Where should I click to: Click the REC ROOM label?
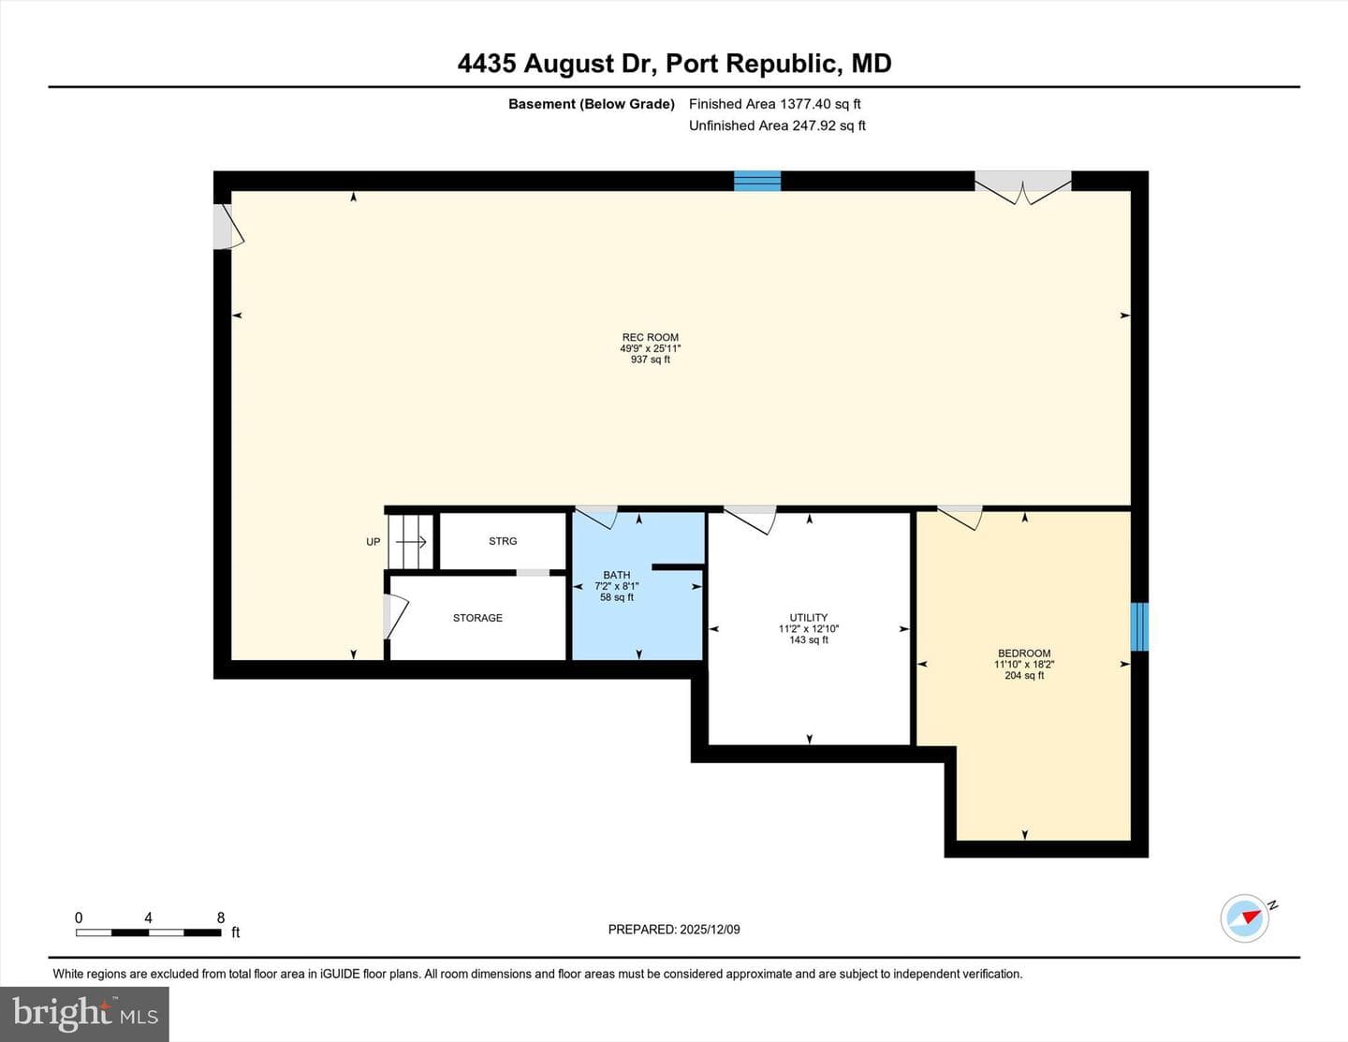[x=650, y=337]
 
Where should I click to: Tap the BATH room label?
[x=617, y=575]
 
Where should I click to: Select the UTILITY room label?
[x=808, y=617]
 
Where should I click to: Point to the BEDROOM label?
[x=1024, y=653]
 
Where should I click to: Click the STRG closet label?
[x=503, y=541]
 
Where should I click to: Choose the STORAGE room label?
[x=477, y=618]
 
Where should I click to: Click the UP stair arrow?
[x=411, y=541]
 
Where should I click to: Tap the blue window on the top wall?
[x=756, y=181]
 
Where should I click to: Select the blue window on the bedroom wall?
[x=1139, y=627]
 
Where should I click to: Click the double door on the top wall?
[x=1023, y=187]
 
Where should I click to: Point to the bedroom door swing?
[x=960, y=518]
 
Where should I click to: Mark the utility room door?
[x=750, y=520]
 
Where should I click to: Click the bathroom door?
[x=595, y=517]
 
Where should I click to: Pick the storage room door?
[x=395, y=617]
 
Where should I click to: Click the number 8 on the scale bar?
[x=220, y=917]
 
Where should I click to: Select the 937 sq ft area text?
[x=650, y=360]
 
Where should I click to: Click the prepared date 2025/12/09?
[x=710, y=929]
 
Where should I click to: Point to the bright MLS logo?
[x=84, y=1014]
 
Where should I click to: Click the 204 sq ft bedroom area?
[x=1024, y=675]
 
